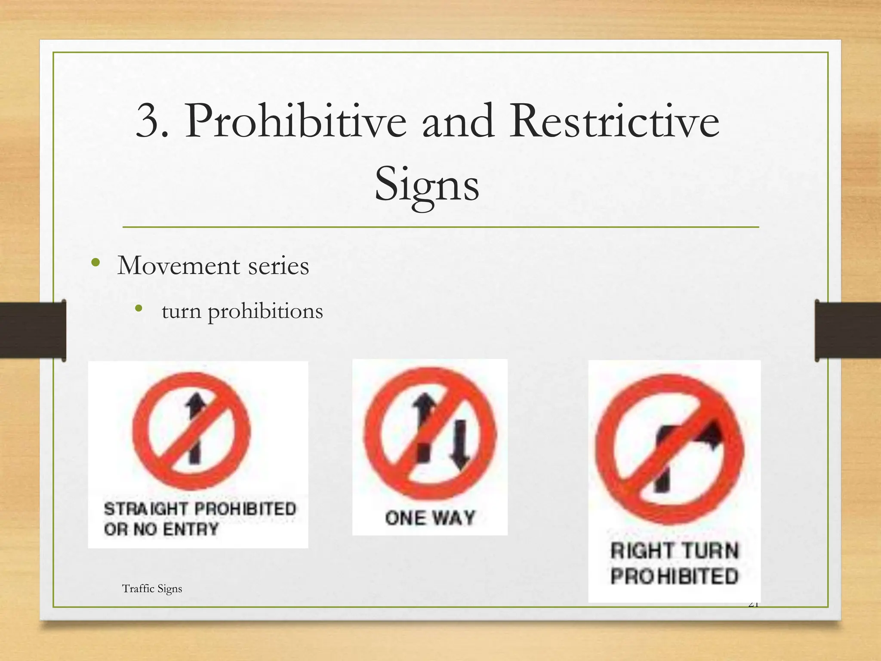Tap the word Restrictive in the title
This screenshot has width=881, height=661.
[614, 122]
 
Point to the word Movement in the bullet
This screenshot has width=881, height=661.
[179, 266]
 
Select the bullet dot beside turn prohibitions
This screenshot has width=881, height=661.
[138, 308]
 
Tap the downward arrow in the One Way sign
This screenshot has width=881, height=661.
[461, 448]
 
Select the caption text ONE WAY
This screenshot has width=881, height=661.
[430, 518]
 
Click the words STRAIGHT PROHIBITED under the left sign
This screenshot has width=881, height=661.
[200, 509]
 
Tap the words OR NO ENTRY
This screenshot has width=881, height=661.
[161, 529]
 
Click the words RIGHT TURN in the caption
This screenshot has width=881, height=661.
[674, 551]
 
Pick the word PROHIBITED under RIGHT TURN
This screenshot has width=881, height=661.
[674, 577]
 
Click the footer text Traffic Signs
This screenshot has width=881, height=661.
[152, 589]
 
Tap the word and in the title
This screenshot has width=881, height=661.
[458, 122]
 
